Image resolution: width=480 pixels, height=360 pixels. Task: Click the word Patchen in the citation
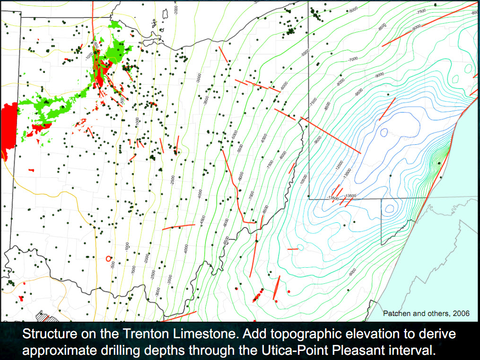(x=395, y=313)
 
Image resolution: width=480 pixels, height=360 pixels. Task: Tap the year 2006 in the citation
(x=459, y=313)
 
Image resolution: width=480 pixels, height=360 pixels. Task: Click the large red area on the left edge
(x=9, y=128)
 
